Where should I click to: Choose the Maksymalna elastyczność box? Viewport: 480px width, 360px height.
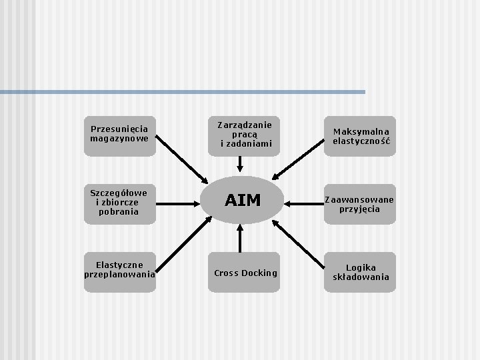361,136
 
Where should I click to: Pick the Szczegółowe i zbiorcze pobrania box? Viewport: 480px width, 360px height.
120,202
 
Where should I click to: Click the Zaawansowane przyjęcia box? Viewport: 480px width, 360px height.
360,203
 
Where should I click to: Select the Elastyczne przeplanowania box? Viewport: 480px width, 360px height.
120,270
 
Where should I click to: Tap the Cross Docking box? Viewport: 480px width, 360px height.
245,272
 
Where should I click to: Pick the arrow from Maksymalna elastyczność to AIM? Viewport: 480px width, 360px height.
299,161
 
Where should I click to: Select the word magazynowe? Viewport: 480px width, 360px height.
120,139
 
